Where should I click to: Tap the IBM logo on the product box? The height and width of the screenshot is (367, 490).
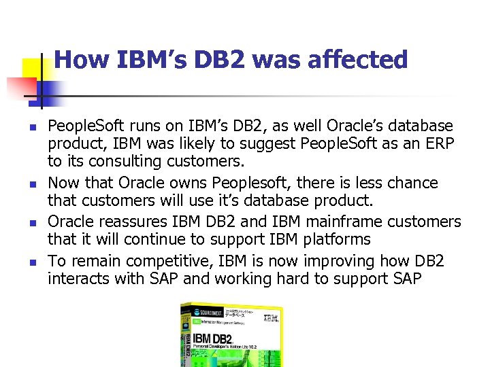coord(270,317)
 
